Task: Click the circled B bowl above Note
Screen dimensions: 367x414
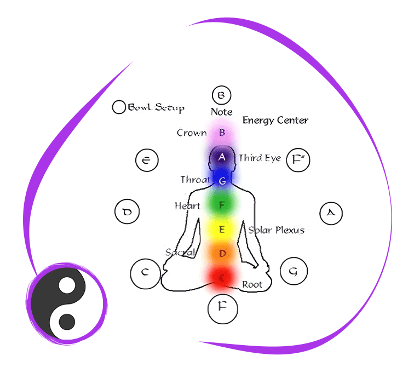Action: [x=221, y=96]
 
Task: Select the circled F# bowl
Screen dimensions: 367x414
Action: [x=298, y=160]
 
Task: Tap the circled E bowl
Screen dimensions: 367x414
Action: [x=147, y=160]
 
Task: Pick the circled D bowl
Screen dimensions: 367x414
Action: [x=127, y=211]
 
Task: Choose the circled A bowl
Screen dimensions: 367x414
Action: [x=330, y=213]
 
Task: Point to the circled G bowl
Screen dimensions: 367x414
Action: [x=294, y=271]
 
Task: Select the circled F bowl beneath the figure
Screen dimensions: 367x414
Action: [x=222, y=308]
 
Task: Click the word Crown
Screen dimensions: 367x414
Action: [x=192, y=133]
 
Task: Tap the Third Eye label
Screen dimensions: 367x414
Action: [x=260, y=158]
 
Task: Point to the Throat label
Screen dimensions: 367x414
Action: [x=194, y=180]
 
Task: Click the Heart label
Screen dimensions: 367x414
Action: [x=187, y=206]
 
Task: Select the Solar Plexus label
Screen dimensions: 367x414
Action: [x=276, y=230]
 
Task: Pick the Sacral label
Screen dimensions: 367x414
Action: [x=180, y=253]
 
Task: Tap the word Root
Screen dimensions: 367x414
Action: [x=252, y=285]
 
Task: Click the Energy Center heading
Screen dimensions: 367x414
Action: [x=275, y=121]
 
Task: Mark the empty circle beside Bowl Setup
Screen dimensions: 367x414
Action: [x=118, y=107]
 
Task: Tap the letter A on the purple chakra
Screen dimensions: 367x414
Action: [x=222, y=157]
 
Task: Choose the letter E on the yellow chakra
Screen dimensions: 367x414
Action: [x=222, y=230]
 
